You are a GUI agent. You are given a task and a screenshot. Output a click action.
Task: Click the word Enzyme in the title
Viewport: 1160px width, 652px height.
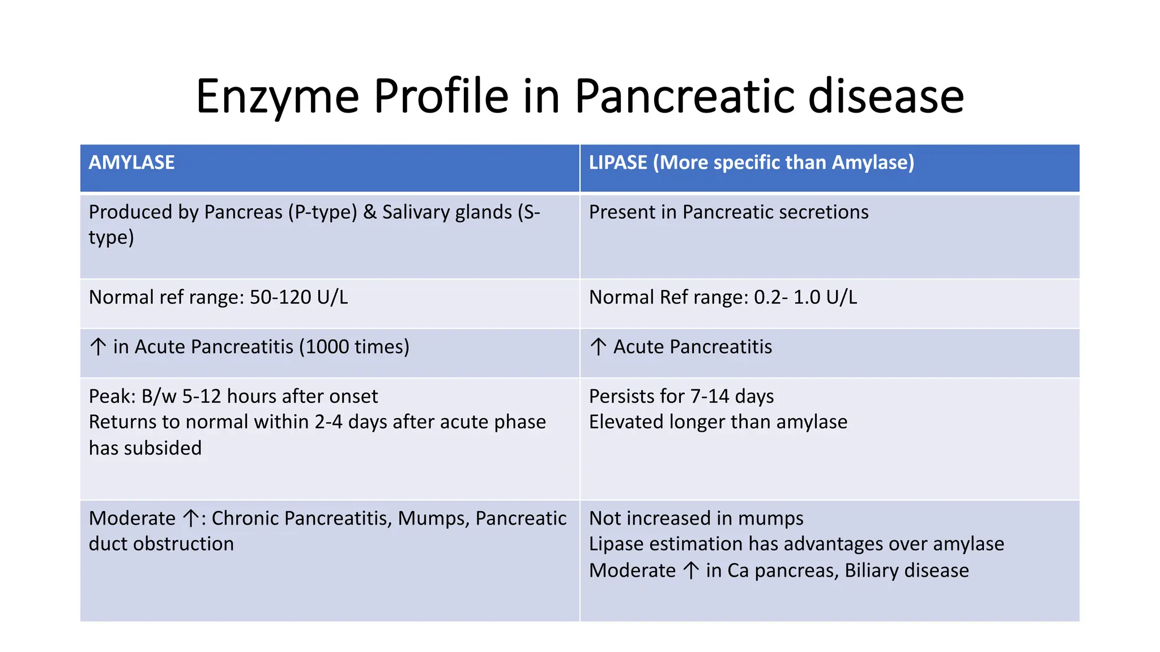pos(277,96)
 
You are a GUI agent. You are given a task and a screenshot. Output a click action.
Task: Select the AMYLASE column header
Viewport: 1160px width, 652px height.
pos(131,163)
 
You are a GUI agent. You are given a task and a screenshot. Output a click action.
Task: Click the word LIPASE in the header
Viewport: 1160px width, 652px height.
pos(617,163)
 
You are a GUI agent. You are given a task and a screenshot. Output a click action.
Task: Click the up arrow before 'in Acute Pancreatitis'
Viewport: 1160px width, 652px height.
pos(98,346)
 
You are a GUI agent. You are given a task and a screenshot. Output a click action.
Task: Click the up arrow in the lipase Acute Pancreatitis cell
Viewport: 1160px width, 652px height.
pos(598,346)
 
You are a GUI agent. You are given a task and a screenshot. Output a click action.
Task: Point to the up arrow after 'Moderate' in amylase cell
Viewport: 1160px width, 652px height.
pos(191,518)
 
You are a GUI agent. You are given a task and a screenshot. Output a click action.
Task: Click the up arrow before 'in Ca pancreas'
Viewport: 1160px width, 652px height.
pos(690,570)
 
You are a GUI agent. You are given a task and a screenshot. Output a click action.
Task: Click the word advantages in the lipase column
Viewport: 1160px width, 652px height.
pos(833,544)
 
